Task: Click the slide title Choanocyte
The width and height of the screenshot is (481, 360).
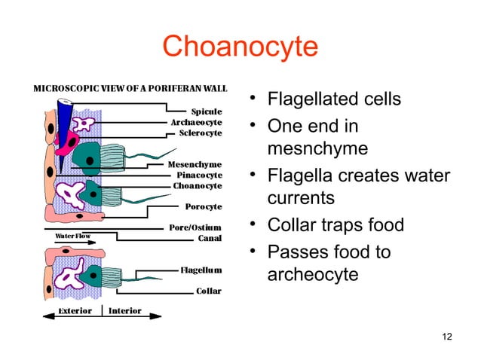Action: pos(240,47)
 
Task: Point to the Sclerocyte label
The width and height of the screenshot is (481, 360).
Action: pos(201,133)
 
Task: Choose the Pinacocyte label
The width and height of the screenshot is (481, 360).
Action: pos(198,174)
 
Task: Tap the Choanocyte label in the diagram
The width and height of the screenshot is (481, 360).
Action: pos(198,185)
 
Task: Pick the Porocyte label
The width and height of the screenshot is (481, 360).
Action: pos(203,205)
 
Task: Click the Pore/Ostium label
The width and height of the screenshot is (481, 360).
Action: pos(195,227)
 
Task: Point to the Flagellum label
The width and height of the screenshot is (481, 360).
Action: pos(201,270)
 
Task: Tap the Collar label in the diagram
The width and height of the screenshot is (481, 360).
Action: pos(208,291)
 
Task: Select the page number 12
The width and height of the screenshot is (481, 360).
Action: pos(446,335)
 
